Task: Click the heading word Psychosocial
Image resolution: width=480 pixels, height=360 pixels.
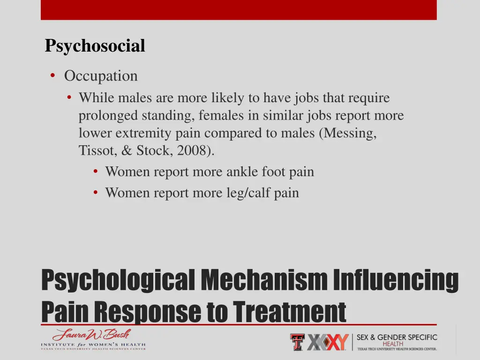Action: click(95, 46)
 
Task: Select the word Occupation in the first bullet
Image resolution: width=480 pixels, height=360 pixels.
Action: click(101, 76)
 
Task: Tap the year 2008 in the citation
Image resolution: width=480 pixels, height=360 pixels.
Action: click(194, 150)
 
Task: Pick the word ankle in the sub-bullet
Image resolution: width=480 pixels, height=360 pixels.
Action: click(239, 172)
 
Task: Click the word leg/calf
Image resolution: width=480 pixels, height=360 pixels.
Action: click(245, 193)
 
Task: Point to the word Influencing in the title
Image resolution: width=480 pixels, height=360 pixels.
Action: click(396, 279)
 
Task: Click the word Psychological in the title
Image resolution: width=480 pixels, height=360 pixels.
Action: click(118, 279)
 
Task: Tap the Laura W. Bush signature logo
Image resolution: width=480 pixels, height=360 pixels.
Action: click(91, 335)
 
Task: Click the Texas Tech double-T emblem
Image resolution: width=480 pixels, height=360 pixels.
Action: click(297, 342)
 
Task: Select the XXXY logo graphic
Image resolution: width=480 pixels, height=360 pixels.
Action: click(328, 342)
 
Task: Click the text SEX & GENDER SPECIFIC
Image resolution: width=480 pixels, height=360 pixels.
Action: click(397, 337)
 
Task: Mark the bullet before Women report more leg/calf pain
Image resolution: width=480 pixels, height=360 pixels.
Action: click(96, 193)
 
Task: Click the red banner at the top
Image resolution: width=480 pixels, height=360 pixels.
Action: click(239, 9)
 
